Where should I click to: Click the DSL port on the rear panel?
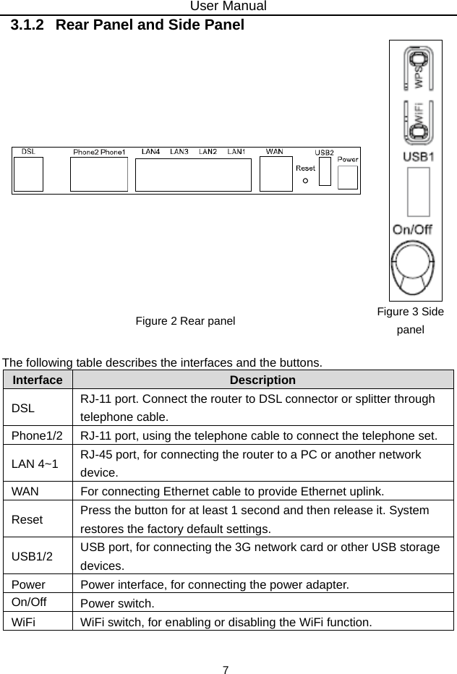tap(28, 174)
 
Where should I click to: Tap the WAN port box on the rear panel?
tap(276, 174)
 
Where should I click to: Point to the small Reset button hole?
tap(306, 181)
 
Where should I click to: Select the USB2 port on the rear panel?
tap(325, 171)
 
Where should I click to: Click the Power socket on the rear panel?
tap(348, 176)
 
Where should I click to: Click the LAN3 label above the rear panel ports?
tap(179, 151)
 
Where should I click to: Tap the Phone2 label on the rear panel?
tap(85, 152)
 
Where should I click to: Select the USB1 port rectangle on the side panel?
tap(417, 192)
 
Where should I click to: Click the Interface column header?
tap(37, 380)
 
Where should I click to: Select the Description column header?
tap(262, 380)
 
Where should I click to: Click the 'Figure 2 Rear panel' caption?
tap(185, 320)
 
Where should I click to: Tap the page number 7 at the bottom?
tap(226, 670)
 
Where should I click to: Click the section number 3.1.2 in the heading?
tap(27, 25)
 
